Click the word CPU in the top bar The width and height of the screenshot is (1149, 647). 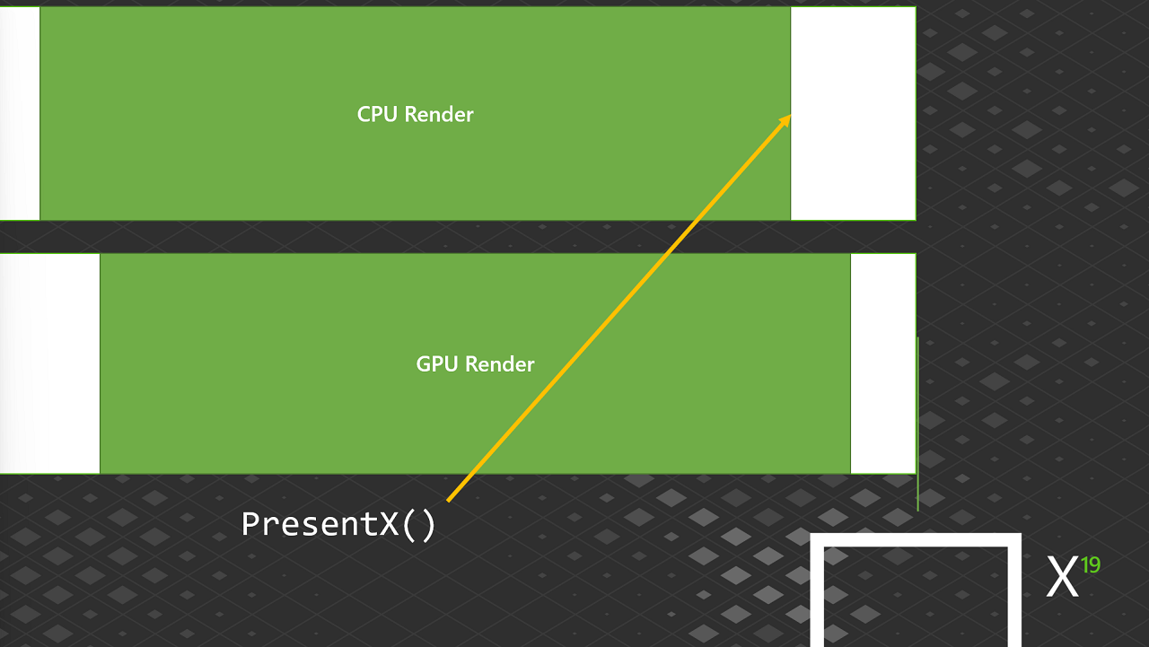377,114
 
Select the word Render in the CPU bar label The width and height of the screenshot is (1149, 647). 439,114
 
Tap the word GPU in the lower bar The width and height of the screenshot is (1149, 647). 436,364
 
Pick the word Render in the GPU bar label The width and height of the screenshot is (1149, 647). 500,364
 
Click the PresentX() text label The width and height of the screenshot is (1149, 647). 338,524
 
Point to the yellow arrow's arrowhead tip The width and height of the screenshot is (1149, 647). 791,116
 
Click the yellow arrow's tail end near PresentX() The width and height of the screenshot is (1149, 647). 448,501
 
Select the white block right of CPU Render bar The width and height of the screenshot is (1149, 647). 853,113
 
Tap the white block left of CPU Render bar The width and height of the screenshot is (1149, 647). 20,113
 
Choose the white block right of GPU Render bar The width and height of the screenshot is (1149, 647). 883,363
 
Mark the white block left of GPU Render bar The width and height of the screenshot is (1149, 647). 49,363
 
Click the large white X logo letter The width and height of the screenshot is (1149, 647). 1062,576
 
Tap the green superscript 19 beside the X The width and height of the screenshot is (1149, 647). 1091,565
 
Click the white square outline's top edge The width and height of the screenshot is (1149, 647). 916,540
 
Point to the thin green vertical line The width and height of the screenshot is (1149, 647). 917,424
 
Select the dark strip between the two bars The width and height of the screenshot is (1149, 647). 458,237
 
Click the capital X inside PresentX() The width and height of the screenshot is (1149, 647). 389,524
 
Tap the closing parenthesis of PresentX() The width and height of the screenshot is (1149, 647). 428,526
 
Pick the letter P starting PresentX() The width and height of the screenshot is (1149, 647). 251,524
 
